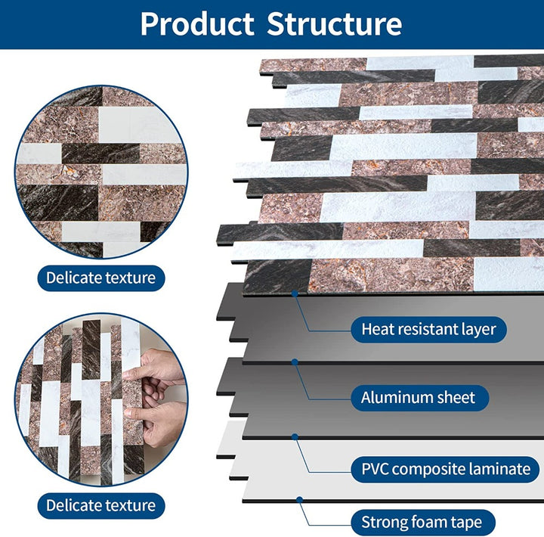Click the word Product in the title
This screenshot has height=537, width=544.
[197, 24]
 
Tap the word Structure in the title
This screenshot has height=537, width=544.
[334, 24]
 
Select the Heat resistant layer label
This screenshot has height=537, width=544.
[428, 329]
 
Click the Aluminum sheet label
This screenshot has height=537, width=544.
[418, 397]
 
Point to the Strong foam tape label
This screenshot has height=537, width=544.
[427, 522]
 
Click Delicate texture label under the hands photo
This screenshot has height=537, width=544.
[100, 505]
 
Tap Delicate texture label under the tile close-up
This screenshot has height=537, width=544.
[100, 278]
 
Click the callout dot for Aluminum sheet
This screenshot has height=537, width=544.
[295, 362]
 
